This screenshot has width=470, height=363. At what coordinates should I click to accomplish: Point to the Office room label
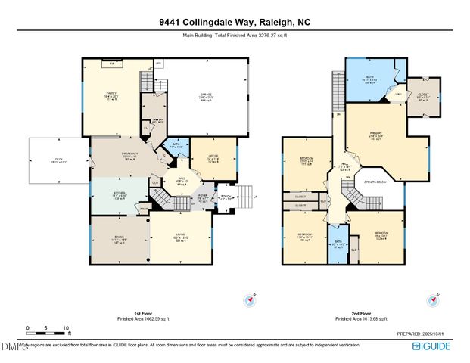pos(212,158)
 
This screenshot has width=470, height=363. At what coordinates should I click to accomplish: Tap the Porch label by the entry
pos(225,200)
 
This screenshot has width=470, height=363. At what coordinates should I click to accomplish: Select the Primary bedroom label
pos(376,137)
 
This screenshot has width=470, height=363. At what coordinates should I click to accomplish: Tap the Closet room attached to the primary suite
pos(422,98)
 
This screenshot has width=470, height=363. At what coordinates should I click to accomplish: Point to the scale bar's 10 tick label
pos(67,328)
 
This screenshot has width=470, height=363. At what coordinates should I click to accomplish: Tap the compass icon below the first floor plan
pos(247,300)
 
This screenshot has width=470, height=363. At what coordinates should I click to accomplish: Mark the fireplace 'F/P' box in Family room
pos(112,64)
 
